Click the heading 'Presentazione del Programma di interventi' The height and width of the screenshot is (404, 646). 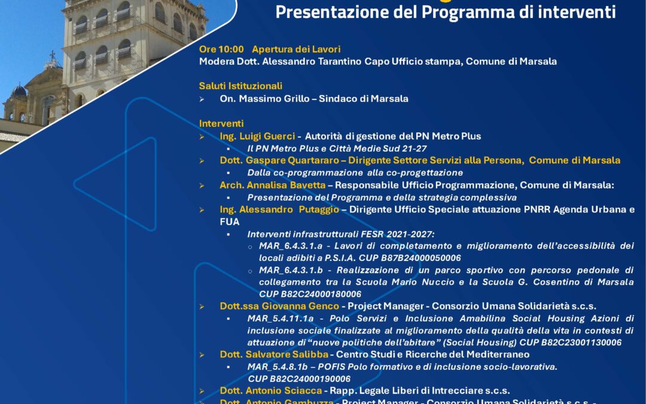click(x=445, y=12)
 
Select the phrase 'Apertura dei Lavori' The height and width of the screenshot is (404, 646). click(x=296, y=49)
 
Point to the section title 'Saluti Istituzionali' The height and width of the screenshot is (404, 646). click(x=240, y=86)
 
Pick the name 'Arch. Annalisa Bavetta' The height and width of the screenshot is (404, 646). click(x=272, y=185)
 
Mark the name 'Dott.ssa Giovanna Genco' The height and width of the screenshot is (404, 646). click(x=279, y=306)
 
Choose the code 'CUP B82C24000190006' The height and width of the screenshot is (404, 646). click(x=299, y=378)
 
